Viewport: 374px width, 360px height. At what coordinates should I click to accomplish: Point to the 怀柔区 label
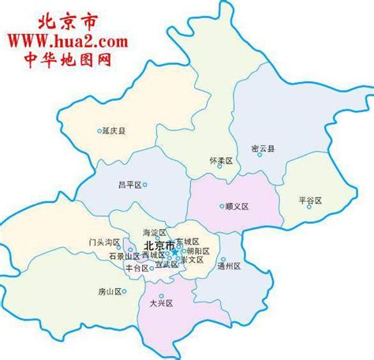[222, 161]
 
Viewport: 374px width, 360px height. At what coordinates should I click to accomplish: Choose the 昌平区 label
[128, 184]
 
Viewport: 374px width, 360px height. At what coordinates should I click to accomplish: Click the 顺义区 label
[236, 206]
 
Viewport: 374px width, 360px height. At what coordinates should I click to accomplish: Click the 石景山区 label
[124, 257]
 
